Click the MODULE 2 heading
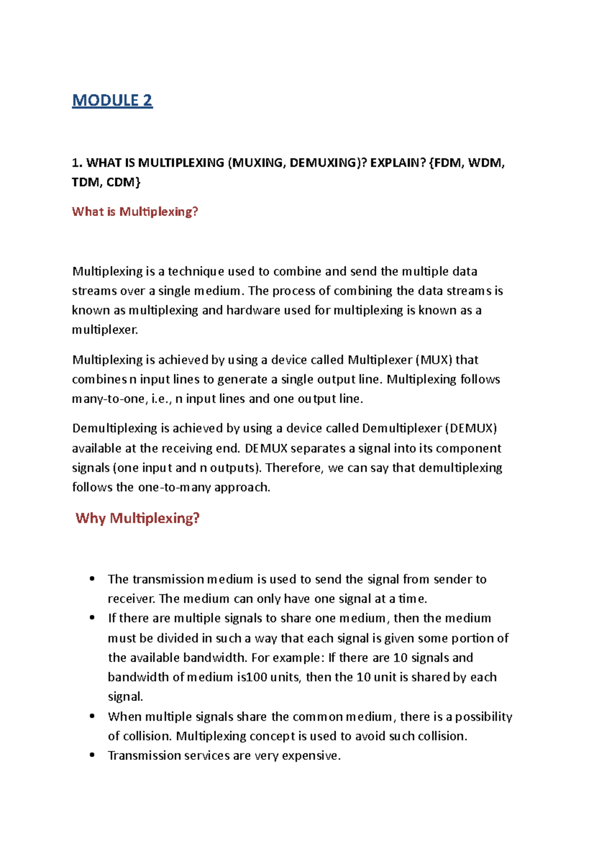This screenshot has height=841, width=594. click(x=112, y=100)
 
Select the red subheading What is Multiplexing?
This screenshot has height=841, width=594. click(x=135, y=211)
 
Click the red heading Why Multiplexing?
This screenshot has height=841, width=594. click(x=138, y=518)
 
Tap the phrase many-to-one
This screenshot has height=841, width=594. click(x=108, y=399)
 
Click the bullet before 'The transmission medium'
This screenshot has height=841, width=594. click(x=92, y=579)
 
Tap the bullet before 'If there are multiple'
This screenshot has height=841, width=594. click(x=92, y=618)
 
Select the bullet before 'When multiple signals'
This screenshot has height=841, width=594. click(x=92, y=717)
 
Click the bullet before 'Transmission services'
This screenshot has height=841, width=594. click(x=92, y=755)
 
